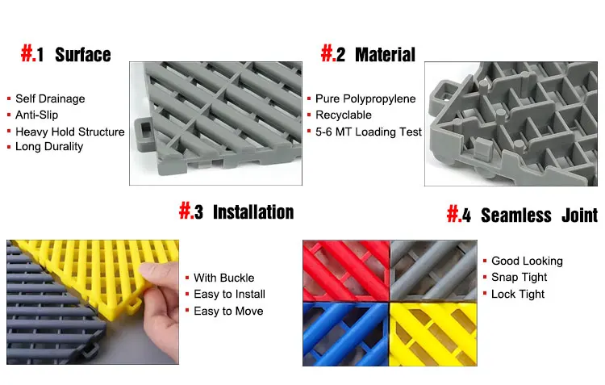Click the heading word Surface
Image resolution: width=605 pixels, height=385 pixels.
[x=82, y=55]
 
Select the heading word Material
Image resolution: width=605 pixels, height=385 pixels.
[x=385, y=55]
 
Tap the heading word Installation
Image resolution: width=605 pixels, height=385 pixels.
[x=252, y=212]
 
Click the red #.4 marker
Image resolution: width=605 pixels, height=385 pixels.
[x=458, y=215]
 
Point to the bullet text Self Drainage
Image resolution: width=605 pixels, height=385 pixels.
[x=50, y=98]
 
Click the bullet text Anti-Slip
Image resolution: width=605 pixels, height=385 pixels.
[x=37, y=115]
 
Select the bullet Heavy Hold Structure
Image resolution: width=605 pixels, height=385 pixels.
[x=69, y=132]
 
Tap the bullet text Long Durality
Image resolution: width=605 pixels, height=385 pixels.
[x=49, y=147]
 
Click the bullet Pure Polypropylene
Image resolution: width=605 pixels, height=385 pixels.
[x=365, y=98]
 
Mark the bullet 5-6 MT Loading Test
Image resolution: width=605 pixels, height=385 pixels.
[x=368, y=132]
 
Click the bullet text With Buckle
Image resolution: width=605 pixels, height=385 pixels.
[x=223, y=278]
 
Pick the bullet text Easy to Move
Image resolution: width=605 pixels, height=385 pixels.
[x=228, y=311]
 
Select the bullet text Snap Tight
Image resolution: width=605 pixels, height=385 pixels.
[x=519, y=277]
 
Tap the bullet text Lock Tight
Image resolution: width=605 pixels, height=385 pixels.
[x=518, y=294]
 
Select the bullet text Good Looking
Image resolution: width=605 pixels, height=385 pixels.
[x=527, y=261]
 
